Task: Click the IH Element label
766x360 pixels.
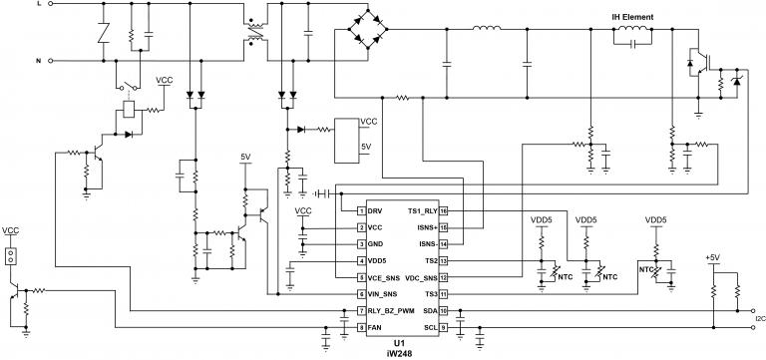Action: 639,17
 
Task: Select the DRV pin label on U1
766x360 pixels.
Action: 375,211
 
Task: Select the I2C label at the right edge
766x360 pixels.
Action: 760,320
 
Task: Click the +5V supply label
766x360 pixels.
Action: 712,257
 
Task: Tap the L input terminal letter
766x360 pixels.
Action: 39,5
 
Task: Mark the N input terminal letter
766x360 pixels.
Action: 39,62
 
